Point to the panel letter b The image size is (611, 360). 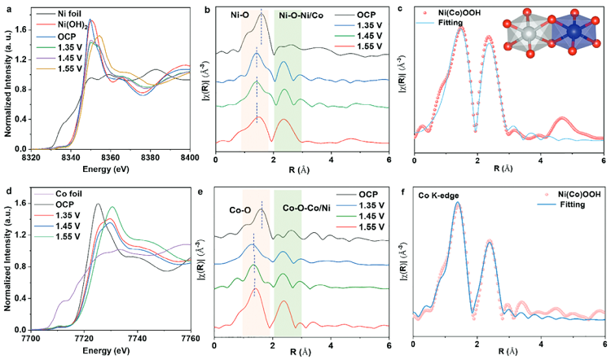click(x=209, y=7)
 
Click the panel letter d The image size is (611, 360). click(x=7, y=189)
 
